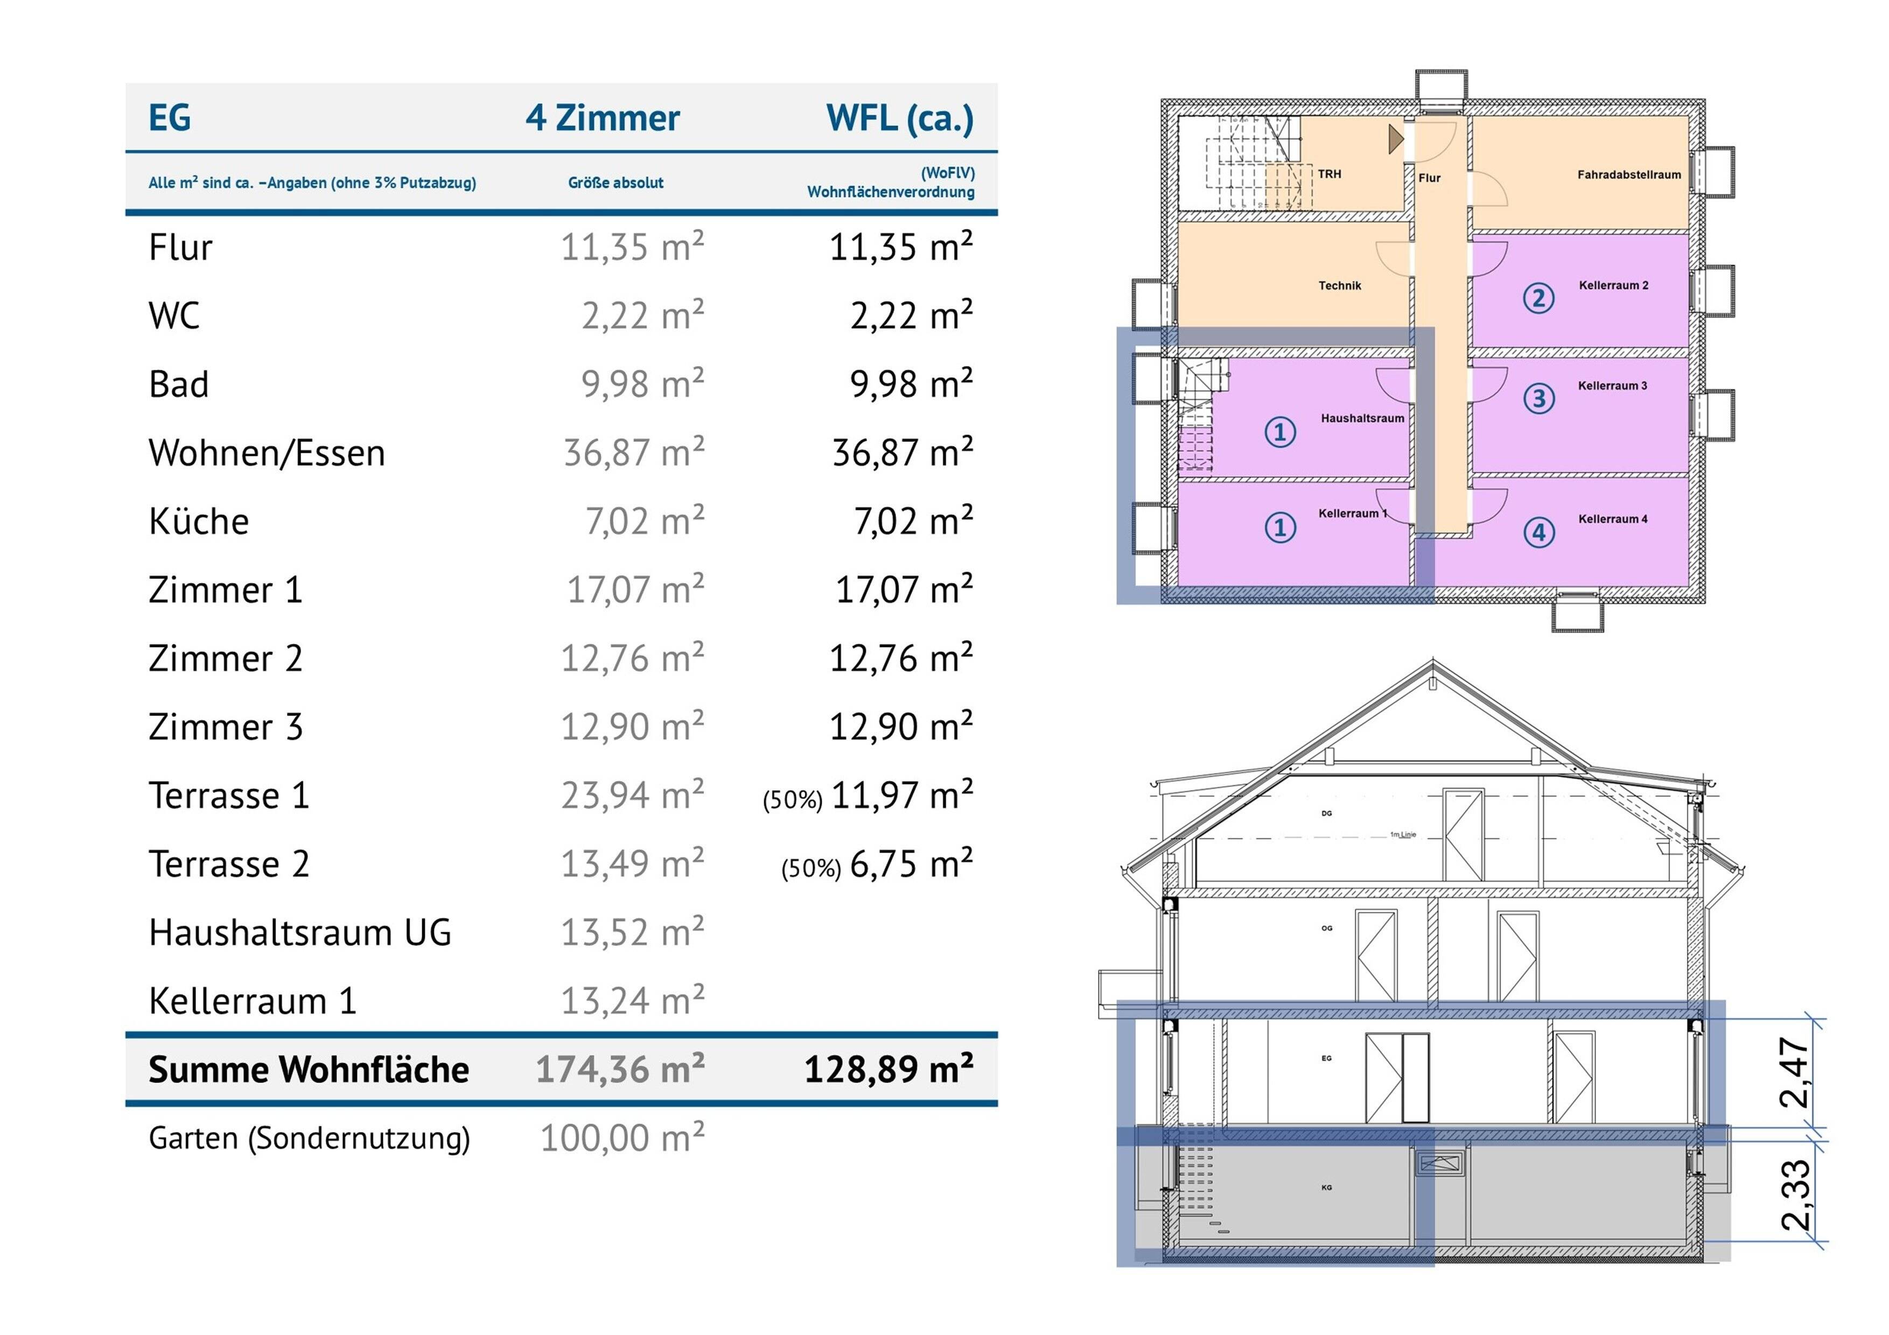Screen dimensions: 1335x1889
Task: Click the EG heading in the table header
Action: tap(170, 118)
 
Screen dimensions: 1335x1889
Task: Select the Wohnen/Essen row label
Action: tap(267, 453)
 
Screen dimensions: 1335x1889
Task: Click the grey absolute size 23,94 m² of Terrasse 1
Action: tap(632, 796)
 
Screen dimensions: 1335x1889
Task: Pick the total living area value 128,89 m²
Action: tap(888, 1069)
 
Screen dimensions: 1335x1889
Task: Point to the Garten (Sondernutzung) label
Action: tap(309, 1139)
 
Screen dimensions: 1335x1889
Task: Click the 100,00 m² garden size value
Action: tap(622, 1139)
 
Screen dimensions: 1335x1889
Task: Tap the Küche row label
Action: tap(198, 522)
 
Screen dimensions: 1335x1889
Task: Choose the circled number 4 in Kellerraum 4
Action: tap(1538, 532)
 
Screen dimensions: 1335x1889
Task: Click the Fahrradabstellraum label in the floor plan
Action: tap(1628, 174)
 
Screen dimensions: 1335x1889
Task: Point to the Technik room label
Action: tap(1339, 285)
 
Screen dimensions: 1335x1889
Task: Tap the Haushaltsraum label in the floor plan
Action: tap(1362, 418)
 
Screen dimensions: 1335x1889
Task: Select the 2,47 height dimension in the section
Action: tap(1795, 1073)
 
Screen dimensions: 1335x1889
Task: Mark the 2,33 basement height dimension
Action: tap(1795, 1195)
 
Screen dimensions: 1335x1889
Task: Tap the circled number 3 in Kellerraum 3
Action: tap(1538, 399)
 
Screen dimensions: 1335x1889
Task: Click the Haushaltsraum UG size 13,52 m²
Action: tap(632, 933)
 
